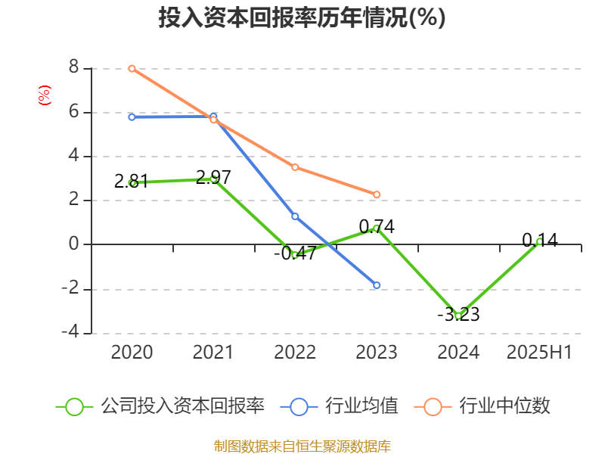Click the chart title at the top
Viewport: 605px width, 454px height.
302,18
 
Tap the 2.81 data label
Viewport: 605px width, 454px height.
132,181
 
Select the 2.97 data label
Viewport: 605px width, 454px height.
213,178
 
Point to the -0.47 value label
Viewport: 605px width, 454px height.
295,253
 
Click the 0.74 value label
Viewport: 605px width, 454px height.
377,226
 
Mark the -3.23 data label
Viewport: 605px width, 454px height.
458,314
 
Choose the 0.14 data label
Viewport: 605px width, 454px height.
540,241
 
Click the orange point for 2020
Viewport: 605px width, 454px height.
132,68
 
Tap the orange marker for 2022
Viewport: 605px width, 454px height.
295,167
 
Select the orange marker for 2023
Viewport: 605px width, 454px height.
377,194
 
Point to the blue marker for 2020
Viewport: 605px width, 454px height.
132,117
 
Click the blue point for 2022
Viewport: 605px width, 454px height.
295,216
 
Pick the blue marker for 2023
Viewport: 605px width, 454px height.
377,285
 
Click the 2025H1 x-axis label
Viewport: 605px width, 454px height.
539,352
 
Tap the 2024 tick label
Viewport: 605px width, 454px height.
458,352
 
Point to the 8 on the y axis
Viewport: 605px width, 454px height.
74,67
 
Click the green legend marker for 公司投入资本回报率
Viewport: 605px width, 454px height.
74,406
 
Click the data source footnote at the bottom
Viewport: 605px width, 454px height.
302,446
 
